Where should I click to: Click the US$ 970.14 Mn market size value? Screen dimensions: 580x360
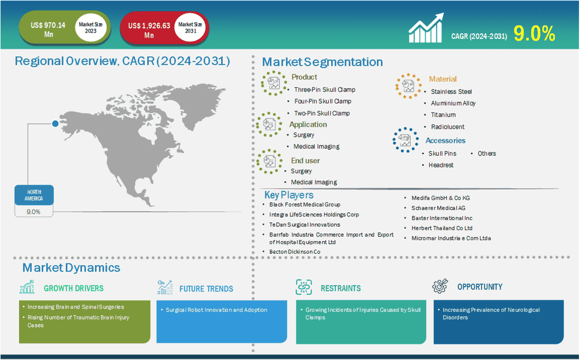[48, 30]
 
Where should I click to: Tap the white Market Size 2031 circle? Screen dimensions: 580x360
[190, 28]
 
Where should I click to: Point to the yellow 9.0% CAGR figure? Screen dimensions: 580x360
[534, 34]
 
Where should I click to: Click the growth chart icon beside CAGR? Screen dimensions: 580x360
[426, 29]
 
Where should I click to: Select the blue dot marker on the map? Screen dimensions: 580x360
[55, 124]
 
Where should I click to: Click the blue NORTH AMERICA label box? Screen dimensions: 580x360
[34, 195]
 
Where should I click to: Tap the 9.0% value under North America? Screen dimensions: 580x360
[34, 212]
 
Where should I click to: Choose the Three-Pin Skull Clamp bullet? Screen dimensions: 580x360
[325, 89]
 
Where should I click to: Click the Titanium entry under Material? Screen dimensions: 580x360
[443, 115]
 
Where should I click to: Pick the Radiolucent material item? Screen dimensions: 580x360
[448, 127]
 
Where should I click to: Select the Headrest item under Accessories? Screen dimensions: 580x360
[441, 165]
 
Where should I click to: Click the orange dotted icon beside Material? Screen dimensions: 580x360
[409, 86]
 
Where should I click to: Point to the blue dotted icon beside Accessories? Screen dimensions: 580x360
[406, 140]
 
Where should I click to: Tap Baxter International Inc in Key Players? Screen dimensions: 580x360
[442, 218]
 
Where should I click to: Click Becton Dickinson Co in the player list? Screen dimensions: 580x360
[295, 251]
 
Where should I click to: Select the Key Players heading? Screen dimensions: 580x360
[289, 195]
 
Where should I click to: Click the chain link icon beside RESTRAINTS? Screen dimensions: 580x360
[304, 287]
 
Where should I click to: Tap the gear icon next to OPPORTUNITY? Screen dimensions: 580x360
[440, 287]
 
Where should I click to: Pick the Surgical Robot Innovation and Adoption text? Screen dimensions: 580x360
[217, 310]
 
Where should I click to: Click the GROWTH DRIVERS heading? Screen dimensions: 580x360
[73, 288]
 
